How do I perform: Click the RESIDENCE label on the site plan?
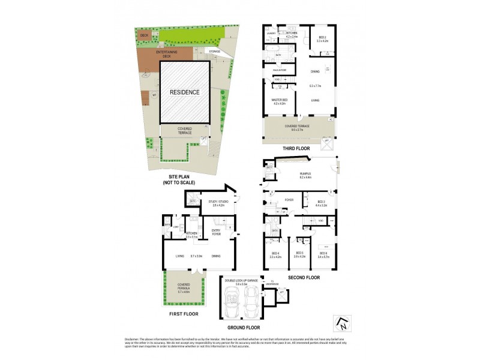[184, 92]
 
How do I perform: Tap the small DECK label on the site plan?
[144, 35]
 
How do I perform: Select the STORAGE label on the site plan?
[215, 52]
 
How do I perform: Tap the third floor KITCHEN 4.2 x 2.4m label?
[292, 35]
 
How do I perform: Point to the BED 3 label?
[320, 203]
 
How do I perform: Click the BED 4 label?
[277, 254]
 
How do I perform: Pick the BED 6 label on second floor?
[323, 254]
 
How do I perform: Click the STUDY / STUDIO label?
[213, 203]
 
